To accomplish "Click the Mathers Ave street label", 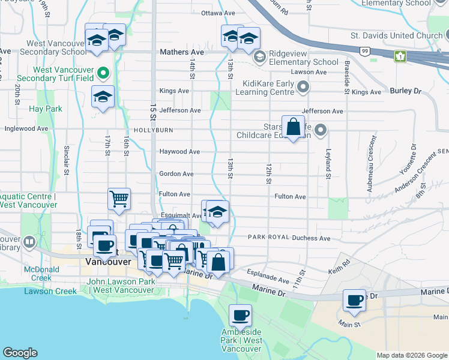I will (x=182, y=52).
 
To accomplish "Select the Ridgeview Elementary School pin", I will (x=260, y=57).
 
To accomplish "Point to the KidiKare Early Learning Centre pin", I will (x=303, y=88).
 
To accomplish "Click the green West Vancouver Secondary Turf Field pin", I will (x=103, y=74).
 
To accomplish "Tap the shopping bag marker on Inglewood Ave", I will (x=293, y=127).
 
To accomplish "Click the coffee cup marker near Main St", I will (x=355, y=299).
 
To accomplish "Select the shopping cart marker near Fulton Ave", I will (x=119, y=198).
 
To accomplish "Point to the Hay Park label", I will (x=46, y=109).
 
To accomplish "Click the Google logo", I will (x=20, y=353).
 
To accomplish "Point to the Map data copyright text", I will (x=412, y=355).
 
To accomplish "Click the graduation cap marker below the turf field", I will (x=103, y=96).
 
